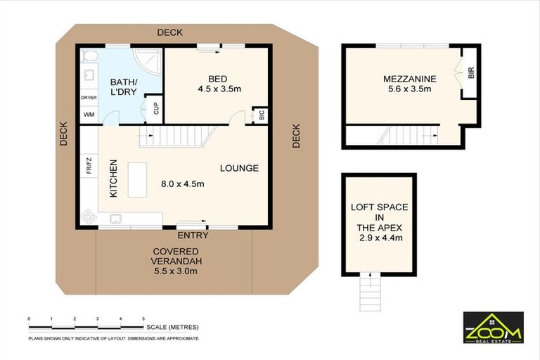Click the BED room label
pos(216,77)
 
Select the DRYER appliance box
pos(89,98)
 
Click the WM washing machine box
pos(89,113)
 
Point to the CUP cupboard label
pos(156,108)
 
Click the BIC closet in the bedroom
pos(260,115)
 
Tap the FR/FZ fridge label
pos(89,167)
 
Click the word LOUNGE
pos(239,168)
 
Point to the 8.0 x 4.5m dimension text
pos(182,184)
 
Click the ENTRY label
pos(193,236)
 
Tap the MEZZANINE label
pos(410,78)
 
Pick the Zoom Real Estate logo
pos(492,327)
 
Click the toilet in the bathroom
pos(91,56)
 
